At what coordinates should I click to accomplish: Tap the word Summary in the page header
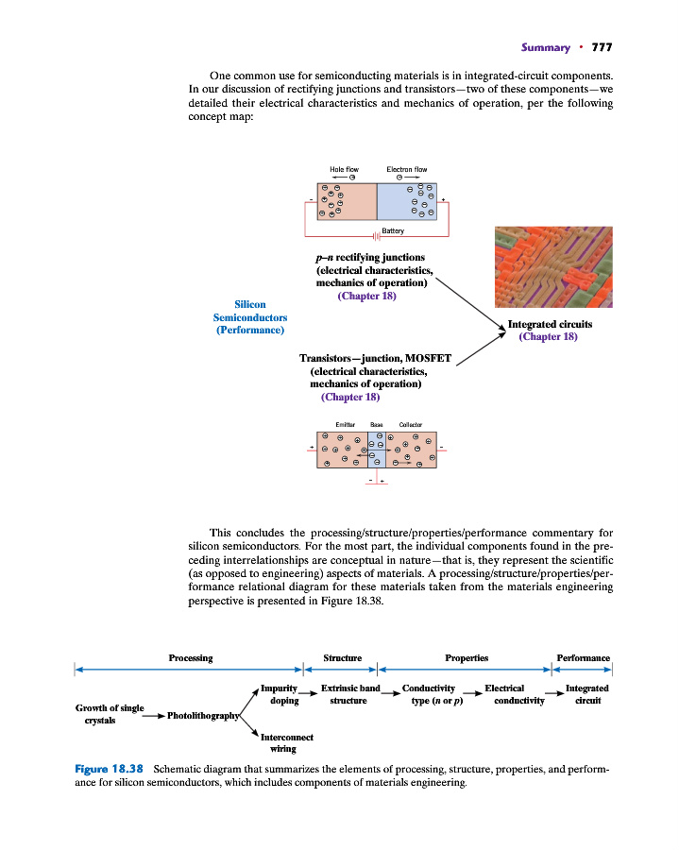point(545,47)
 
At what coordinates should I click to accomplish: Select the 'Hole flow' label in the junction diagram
point(344,169)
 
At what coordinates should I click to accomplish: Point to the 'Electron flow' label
point(407,169)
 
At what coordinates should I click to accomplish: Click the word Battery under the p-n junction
point(393,231)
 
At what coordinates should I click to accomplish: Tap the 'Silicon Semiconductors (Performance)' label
point(250,317)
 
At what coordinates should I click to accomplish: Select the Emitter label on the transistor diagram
point(344,426)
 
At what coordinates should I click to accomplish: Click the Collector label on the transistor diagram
point(410,426)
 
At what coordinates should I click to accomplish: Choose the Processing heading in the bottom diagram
point(190,657)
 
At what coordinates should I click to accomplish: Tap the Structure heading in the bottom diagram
point(342,657)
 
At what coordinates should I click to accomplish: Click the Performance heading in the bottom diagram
point(583,657)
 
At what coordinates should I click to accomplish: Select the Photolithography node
point(203,716)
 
